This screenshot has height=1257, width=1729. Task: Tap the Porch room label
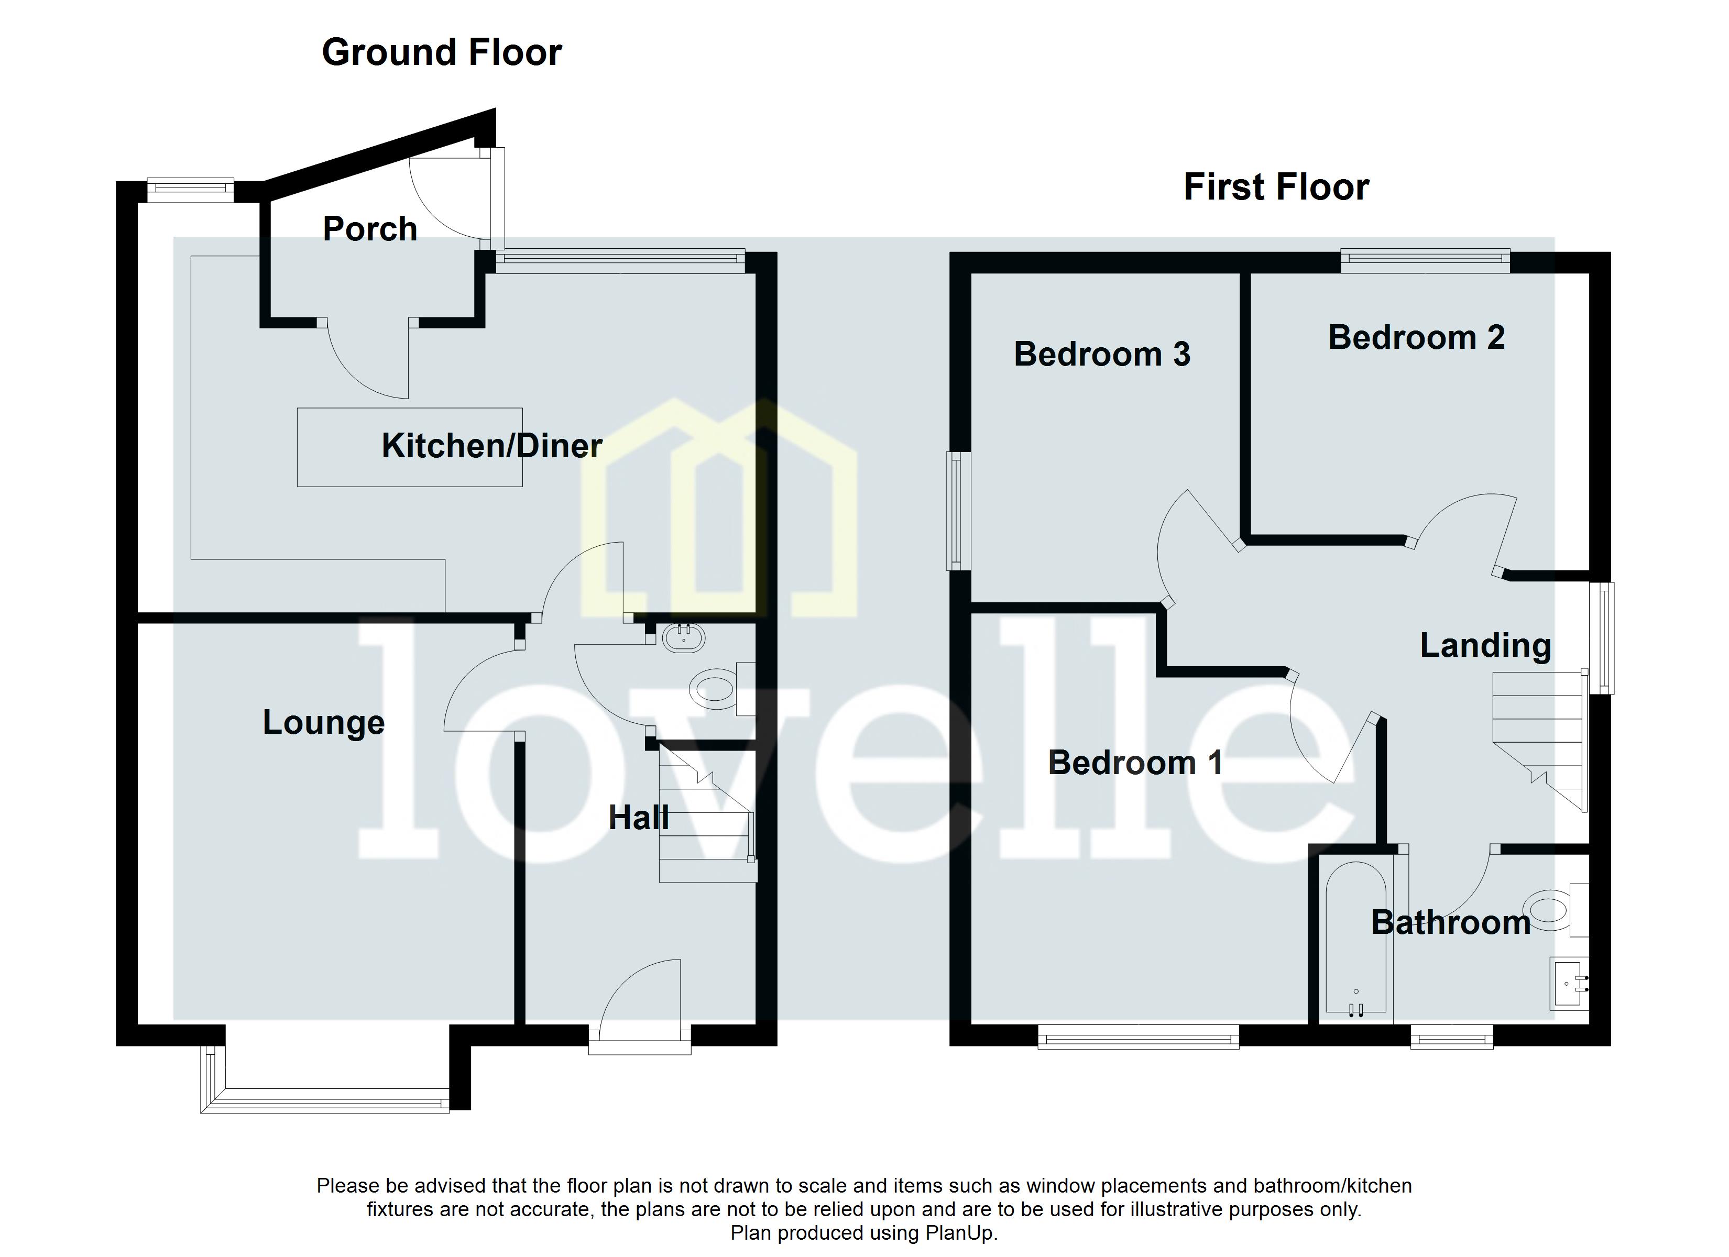(370, 229)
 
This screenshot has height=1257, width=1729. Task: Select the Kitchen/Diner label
(491, 446)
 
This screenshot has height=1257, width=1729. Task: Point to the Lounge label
(323, 723)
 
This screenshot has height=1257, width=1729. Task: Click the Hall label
(639, 818)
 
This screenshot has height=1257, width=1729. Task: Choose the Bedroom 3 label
(1102, 355)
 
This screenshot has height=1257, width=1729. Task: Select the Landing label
(1485, 646)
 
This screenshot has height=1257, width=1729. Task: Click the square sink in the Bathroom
(1570, 984)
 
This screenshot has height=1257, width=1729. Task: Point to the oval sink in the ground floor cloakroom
(683, 637)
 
